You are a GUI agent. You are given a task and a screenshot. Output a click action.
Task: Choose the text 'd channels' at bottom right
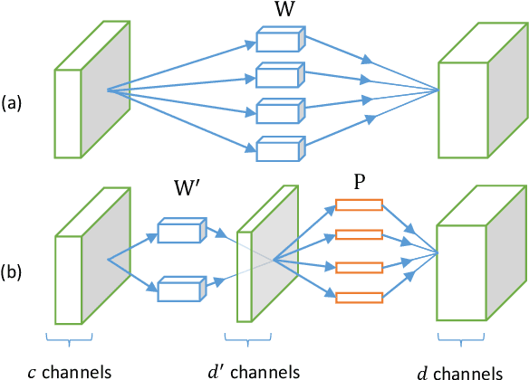tap(460, 370)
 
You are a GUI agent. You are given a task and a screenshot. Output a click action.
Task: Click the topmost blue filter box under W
tap(279, 40)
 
